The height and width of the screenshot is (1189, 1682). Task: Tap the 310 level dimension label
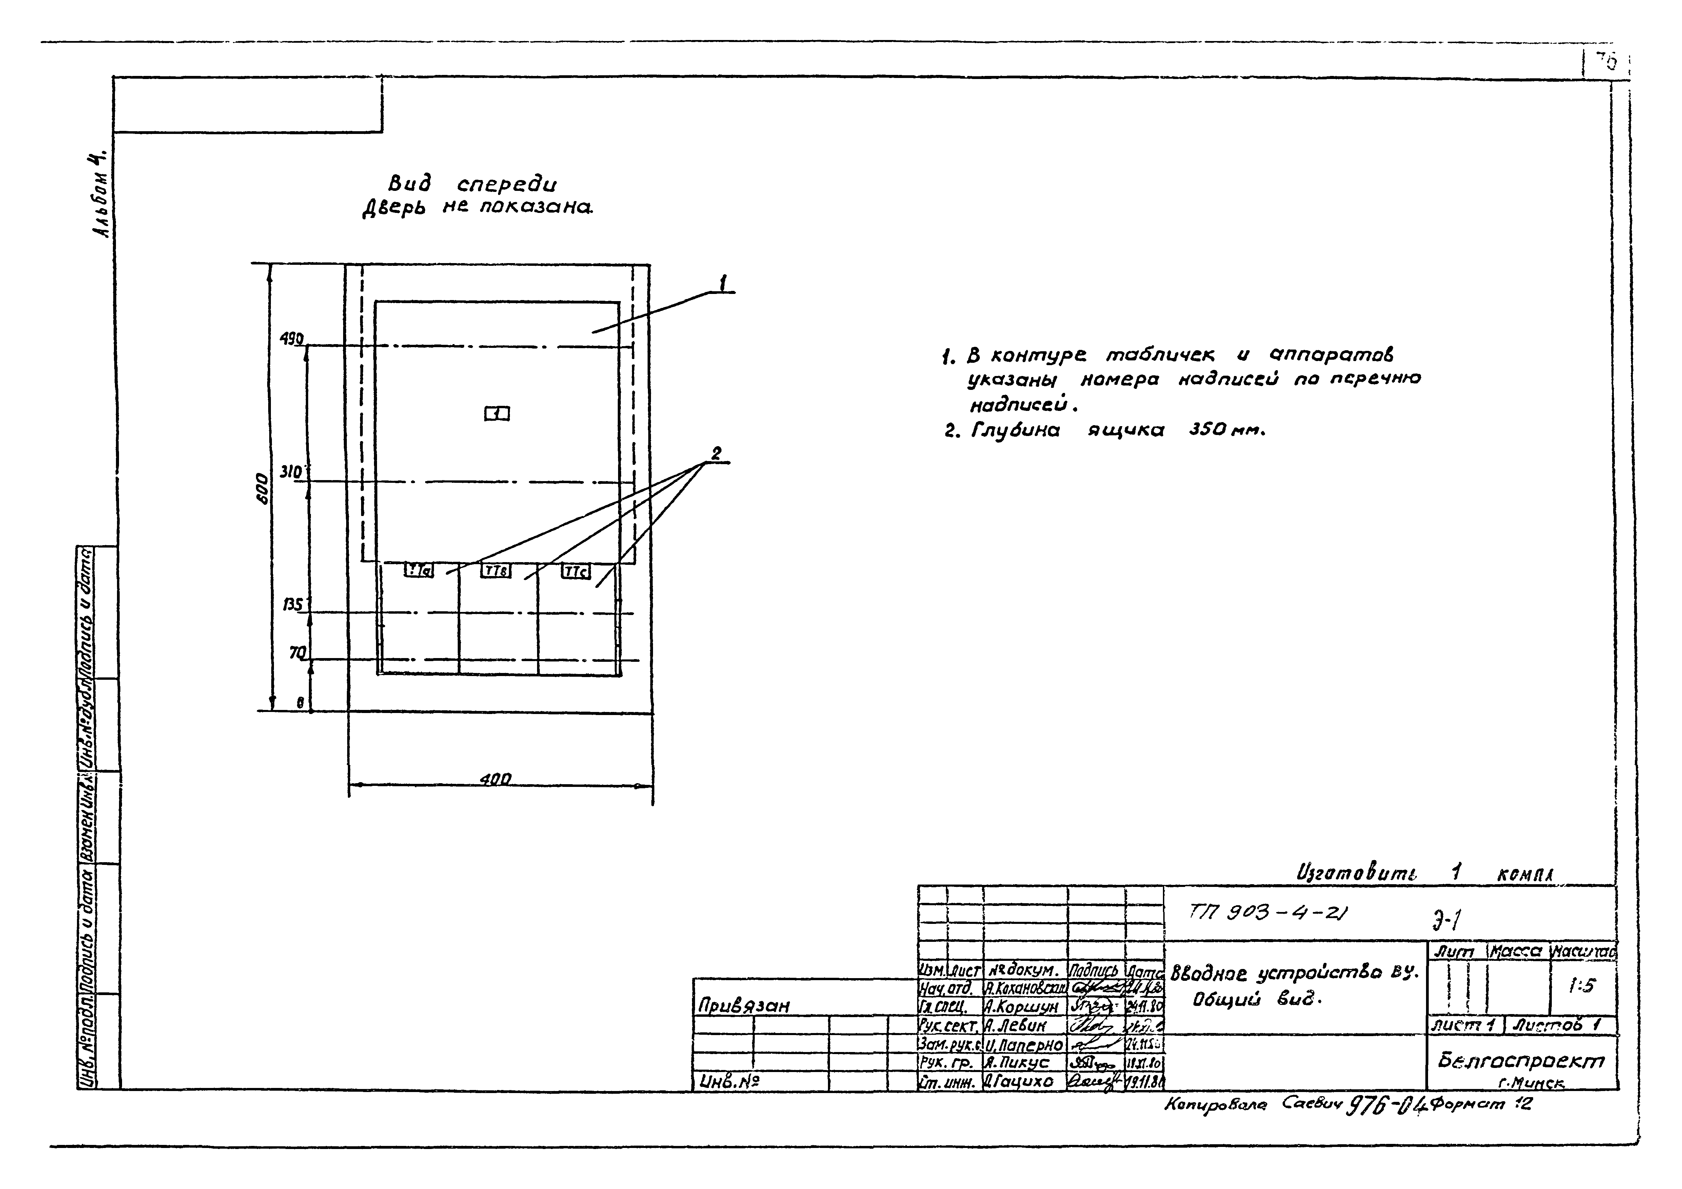(x=291, y=473)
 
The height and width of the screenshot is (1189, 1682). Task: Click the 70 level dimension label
(x=297, y=651)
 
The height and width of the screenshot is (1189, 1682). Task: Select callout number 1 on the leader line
(x=723, y=282)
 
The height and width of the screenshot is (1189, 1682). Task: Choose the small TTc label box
(x=575, y=571)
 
